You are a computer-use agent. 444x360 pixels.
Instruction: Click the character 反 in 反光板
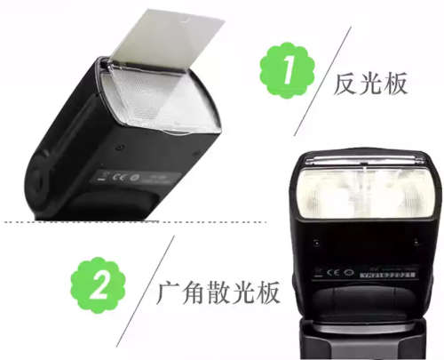(x=346, y=84)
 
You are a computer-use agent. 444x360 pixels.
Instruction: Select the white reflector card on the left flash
(x=164, y=44)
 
